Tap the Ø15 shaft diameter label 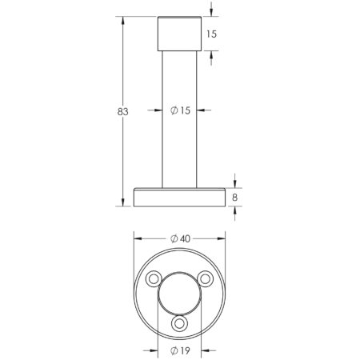coord(181,111)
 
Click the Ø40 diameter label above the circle coord(181,238)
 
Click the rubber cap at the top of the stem coord(180,33)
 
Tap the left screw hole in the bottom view coord(153,278)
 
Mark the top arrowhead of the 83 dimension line coord(122,19)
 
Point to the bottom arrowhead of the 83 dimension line coord(122,202)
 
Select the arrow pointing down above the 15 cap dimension coord(211,12)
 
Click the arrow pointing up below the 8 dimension coord(234,210)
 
